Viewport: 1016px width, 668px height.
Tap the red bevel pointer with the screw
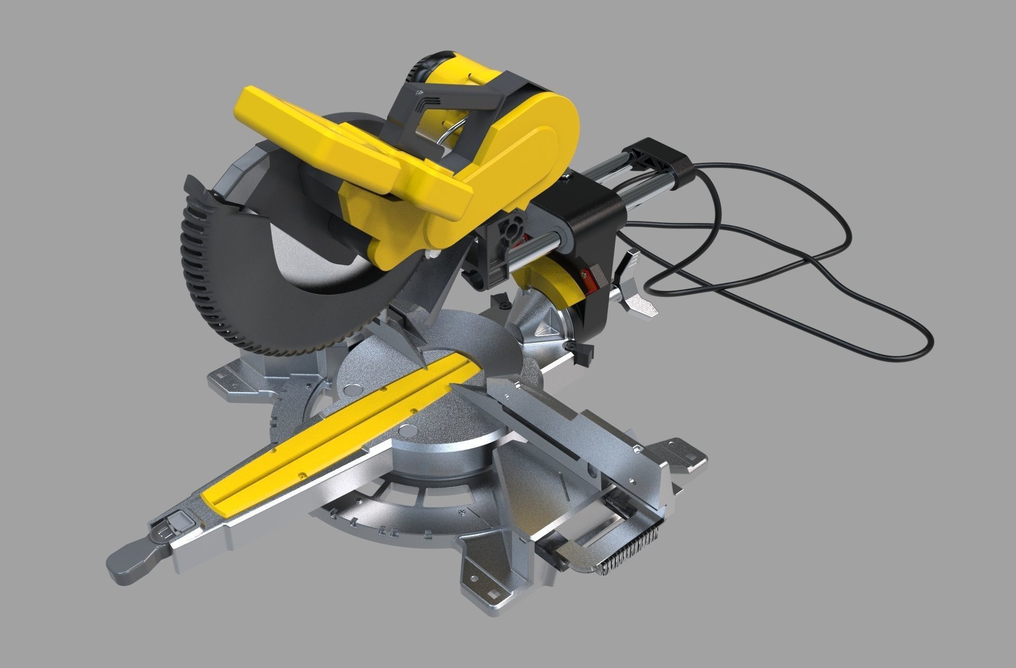[585, 274]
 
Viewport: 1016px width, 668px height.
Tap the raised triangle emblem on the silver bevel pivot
[548, 328]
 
